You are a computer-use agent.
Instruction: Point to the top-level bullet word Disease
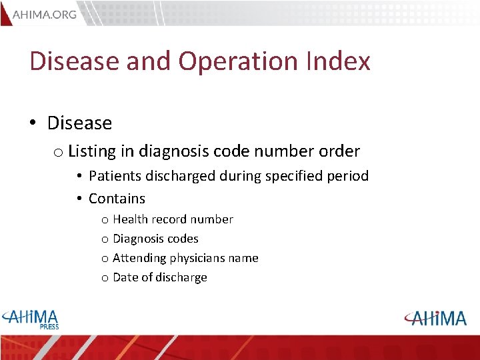click(x=79, y=123)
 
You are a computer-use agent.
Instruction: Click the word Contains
click(x=117, y=199)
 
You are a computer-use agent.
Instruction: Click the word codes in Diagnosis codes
click(x=183, y=239)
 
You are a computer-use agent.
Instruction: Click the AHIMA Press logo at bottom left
click(x=30, y=318)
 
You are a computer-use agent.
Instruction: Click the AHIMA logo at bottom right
click(x=435, y=318)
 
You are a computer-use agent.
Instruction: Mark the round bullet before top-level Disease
click(x=32, y=124)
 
